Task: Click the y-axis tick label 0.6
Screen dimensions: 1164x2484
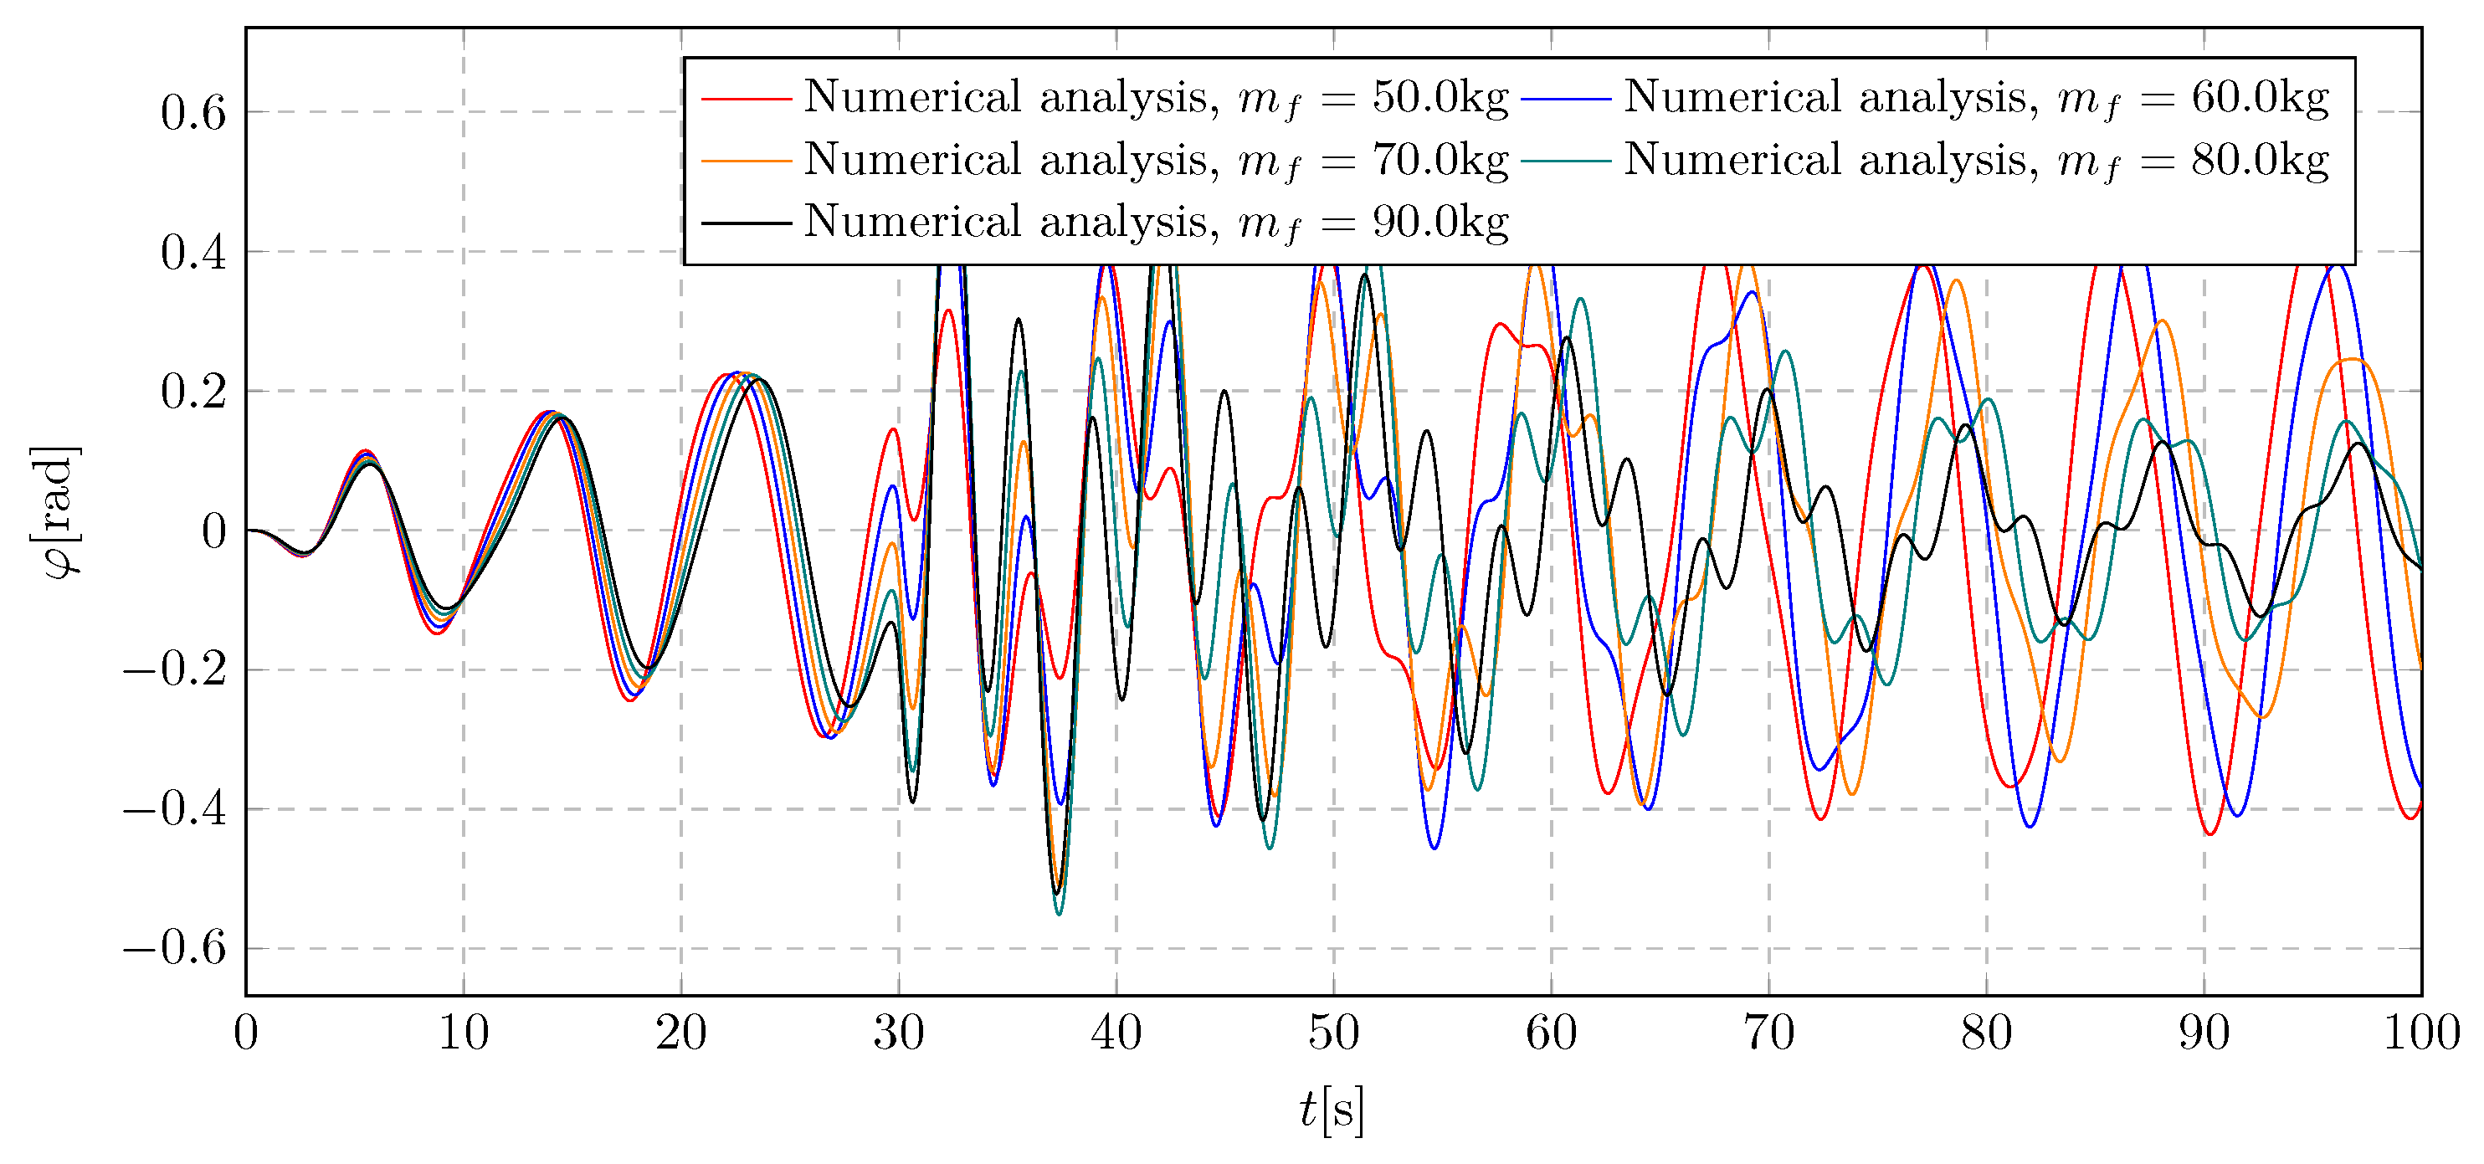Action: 192,113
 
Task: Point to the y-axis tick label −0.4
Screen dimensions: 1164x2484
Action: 175,809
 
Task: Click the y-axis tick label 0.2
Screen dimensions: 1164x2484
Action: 192,392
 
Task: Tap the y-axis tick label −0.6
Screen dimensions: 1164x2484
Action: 175,948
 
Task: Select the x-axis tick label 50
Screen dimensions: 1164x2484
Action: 1333,1033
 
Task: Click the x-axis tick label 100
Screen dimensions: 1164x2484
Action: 2420,1033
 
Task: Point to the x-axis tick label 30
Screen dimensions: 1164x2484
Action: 899,1033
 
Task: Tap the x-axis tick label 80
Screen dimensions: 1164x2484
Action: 1986,1033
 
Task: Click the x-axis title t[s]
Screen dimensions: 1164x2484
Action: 1332,1110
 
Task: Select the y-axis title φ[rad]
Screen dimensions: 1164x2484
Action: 56,512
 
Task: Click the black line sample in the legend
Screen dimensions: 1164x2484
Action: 746,223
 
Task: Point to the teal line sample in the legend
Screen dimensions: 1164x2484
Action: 1566,160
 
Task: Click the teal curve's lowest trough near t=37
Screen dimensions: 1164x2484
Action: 1059,913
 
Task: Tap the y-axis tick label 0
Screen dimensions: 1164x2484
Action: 213,531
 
